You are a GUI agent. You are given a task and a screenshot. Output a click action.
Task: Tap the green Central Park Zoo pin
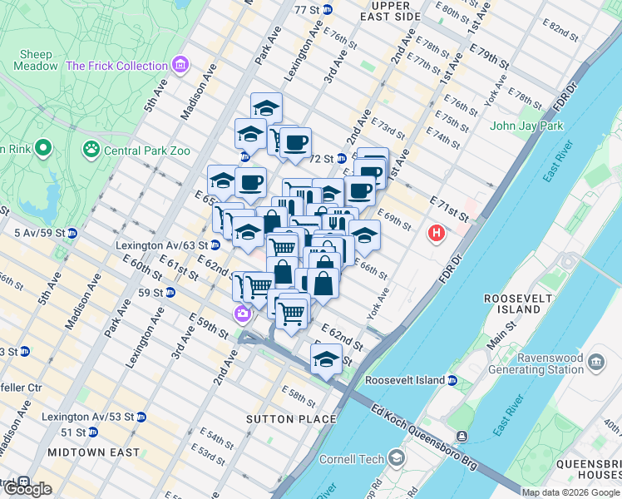(x=90, y=151)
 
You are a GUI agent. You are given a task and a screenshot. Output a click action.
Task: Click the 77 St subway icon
(x=328, y=10)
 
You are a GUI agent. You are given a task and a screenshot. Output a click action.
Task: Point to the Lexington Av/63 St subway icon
(x=215, y=245)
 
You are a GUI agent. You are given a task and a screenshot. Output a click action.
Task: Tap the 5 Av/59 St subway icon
(x=72, y=232)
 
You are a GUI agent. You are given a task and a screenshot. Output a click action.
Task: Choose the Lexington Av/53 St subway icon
(x=141, y=417)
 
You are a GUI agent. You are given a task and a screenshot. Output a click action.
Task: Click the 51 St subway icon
(x=92, y=432)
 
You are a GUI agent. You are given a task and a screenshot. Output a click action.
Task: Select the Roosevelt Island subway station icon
(x=452, y=380)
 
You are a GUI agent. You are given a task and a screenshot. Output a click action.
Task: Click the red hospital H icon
(x=436, y=235)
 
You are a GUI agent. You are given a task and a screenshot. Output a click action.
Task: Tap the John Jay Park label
(x=526, y=126)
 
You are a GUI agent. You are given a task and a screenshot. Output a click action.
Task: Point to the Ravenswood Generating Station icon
(x=596, y=363)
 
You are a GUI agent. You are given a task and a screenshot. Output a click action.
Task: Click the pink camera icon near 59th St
(x=242, y=314)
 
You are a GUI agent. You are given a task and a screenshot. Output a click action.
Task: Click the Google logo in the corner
(x=27, y=489)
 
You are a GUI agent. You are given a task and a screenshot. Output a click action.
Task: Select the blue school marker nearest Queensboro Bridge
(x=326, y=359)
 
